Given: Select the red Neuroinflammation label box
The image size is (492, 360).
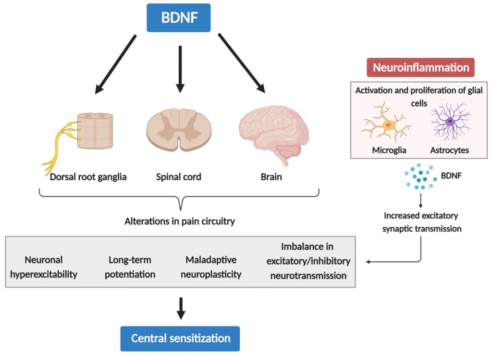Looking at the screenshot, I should [x=420, y=67].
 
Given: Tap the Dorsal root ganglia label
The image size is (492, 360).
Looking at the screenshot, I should [x=88, y=177].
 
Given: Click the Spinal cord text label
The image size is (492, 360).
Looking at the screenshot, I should [x=178, y=177].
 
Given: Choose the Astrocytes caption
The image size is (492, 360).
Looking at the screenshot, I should [x=449, y=150].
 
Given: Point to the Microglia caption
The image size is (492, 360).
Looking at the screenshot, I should [x=389, y=150].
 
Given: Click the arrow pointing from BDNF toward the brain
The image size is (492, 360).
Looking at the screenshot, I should [x=242, y=62].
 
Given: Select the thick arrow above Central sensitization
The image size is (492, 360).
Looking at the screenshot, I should [x=181, y=308].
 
